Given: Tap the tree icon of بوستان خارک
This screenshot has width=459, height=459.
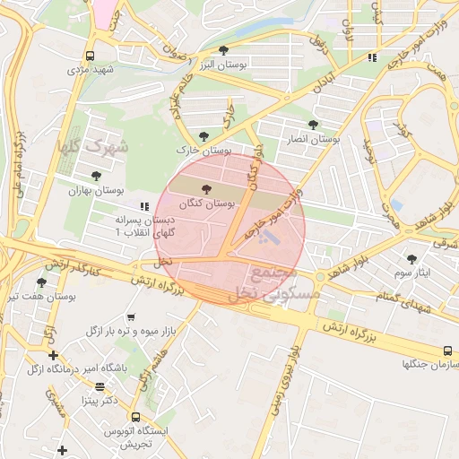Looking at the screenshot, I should click(204, 135).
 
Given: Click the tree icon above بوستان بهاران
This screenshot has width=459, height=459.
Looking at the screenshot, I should click(96, 176).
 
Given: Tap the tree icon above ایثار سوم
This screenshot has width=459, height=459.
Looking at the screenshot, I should click(412, 258).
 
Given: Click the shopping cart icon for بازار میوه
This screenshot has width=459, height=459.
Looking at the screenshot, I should click(132, 316).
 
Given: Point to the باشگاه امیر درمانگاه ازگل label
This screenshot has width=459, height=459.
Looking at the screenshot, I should click(76, 368).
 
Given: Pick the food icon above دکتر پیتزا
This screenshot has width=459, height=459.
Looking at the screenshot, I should click(100, 387).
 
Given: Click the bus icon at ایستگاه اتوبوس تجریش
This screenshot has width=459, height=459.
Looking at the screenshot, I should click(134, 418).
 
